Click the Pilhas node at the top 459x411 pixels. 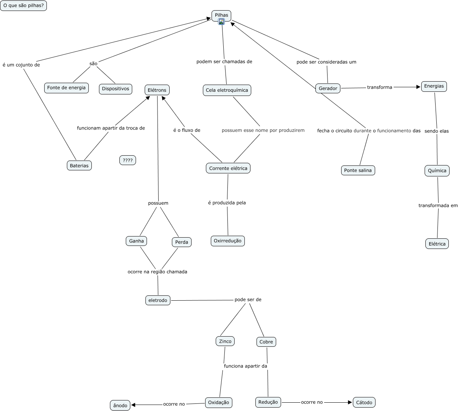[221, 15]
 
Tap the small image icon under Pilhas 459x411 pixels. [221, 22]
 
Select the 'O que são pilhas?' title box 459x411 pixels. [23, 6]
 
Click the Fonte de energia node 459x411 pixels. [66, 88]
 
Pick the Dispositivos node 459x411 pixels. [116, 89]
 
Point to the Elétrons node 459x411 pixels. [157, 90]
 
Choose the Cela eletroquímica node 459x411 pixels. [227, 90]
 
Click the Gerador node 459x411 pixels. [328, 88]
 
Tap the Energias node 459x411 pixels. [434, 86]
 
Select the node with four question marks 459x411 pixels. [128, 160]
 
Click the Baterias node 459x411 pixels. [79, 165]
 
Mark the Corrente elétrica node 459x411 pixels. [228, 168]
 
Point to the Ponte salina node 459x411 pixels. [358, 170]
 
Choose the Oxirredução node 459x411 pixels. [228, 241]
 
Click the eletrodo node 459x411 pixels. [158, 300]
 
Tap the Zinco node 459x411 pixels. [225, 341]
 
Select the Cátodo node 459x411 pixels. [364, 402]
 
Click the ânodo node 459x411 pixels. [120, 405]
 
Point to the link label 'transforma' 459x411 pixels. [380, 87]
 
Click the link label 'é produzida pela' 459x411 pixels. [227, 203]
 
